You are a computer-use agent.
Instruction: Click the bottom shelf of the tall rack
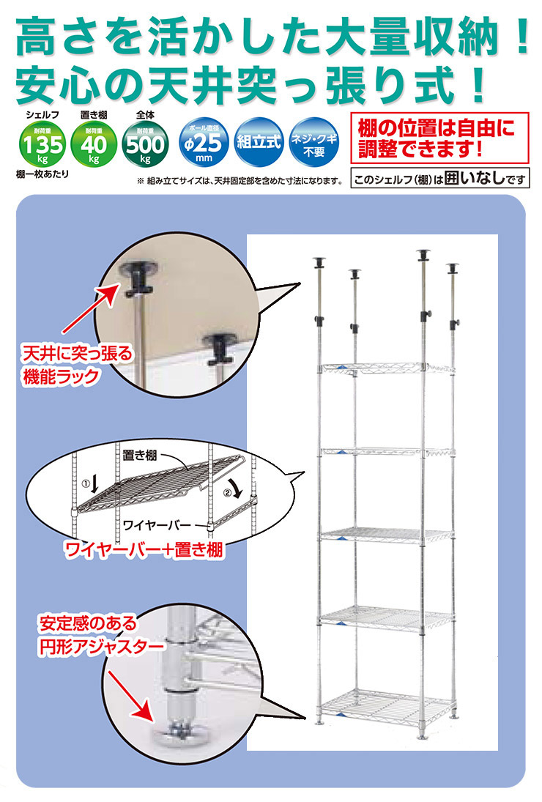[x=383, y=705]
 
